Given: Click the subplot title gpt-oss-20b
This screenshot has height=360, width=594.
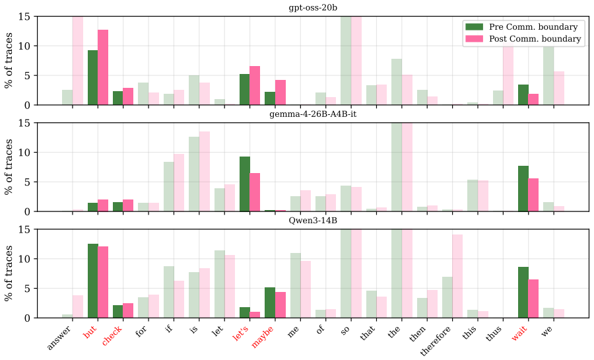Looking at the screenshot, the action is coord(313,7).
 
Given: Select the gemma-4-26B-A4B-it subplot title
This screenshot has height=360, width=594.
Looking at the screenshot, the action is coord(313,114).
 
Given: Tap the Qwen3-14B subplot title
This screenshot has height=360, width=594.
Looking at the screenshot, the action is coord(313,221).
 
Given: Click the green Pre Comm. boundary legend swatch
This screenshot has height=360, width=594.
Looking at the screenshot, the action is coord(474,26).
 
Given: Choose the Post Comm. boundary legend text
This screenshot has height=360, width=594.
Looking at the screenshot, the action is coord(535,39).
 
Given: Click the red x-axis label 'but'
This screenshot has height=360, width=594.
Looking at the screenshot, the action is coord(89,332).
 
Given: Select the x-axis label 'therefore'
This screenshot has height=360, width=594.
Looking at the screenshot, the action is coord(436,341).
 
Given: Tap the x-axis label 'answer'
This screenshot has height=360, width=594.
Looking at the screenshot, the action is coord(59,338).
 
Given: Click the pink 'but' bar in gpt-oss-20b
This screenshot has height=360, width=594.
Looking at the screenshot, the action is coord(103,67).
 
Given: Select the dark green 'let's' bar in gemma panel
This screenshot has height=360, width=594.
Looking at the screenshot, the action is coord(245,184).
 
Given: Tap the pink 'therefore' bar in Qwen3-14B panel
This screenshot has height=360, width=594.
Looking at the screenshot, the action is coord(457,276).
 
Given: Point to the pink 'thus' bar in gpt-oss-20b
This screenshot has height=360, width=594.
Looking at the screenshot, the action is coord(508,73).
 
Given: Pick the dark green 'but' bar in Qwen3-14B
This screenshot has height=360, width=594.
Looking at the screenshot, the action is coord(93,281).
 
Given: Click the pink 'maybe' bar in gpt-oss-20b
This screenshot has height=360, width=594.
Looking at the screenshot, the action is coord(280,92).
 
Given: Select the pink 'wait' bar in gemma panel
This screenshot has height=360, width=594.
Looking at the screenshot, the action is coord(533,195).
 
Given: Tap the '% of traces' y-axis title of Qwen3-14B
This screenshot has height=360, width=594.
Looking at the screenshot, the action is coord(8,273).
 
